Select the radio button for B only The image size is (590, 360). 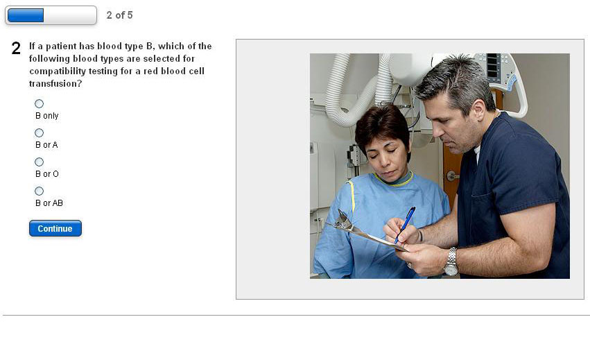tap(39, 103)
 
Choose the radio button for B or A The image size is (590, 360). tap(39, 132)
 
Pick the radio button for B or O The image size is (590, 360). tap(39, 162)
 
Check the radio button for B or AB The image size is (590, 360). tap(39, 191)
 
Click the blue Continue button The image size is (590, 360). tap(55, 229)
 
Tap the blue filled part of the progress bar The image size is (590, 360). tap(26, 15)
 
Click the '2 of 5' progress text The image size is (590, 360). tap(120, 15)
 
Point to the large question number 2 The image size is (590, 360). tap(16, 48)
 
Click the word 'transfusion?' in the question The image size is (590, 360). tap(55, 84)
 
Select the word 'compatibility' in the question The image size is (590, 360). tap(58, 71)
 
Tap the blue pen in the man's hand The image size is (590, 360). tap(405, 225)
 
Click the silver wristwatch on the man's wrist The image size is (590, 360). tap(451, 262)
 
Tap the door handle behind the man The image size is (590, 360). tap(453, 175)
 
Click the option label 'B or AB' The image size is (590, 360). tap(49, 203)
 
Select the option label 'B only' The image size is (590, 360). tap(47, 116)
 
